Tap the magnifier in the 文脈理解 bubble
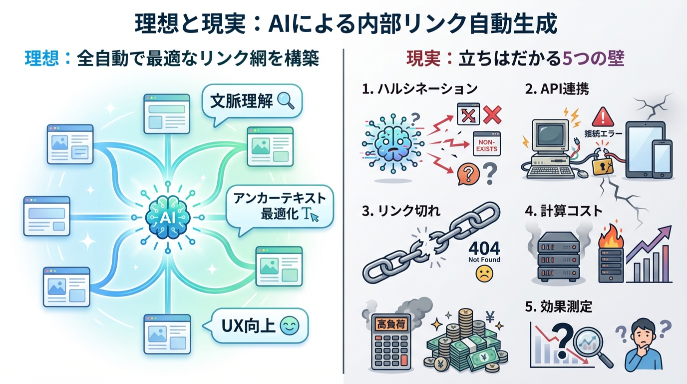pos(286,100)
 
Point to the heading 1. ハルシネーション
pos(419,89)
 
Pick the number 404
pos(484,247)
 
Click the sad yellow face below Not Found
pos(483,273)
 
